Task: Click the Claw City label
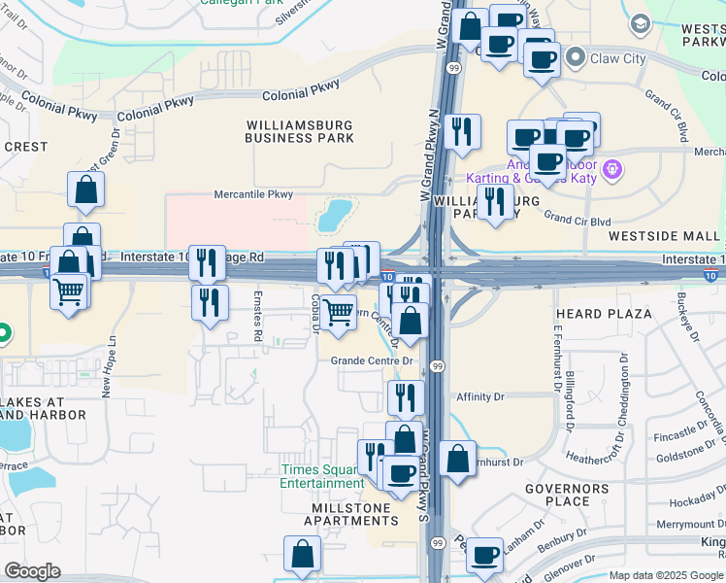618,58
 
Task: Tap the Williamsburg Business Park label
299,131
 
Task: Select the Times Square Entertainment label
322,476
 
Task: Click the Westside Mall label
665,236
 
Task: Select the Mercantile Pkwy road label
253,195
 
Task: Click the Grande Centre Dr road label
372,360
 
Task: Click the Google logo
32,571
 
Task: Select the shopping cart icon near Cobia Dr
338,313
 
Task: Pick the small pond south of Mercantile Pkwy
336,214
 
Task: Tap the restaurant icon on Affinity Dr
406,396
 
